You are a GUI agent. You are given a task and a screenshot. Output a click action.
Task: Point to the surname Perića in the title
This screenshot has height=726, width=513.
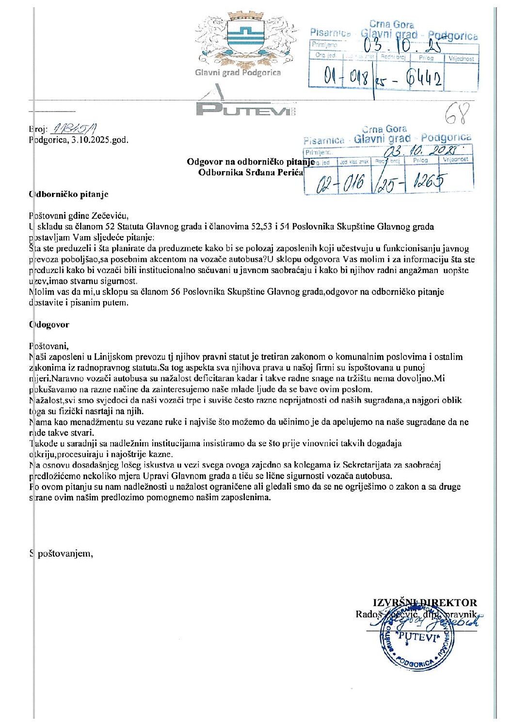289,172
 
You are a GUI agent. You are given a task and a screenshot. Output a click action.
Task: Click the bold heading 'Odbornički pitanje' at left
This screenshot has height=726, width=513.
69,194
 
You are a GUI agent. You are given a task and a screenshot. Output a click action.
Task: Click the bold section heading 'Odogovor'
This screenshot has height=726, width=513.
49,324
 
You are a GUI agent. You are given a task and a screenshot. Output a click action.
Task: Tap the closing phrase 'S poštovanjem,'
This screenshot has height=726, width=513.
62,553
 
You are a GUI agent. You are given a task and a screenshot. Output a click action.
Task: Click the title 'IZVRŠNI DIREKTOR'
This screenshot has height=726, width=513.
425,603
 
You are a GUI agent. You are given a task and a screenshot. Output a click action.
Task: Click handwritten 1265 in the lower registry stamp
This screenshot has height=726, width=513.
427,182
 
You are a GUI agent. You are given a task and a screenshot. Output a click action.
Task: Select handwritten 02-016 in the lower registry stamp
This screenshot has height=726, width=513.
339,184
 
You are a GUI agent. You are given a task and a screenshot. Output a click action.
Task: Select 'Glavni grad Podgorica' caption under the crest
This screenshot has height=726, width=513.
238,73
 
